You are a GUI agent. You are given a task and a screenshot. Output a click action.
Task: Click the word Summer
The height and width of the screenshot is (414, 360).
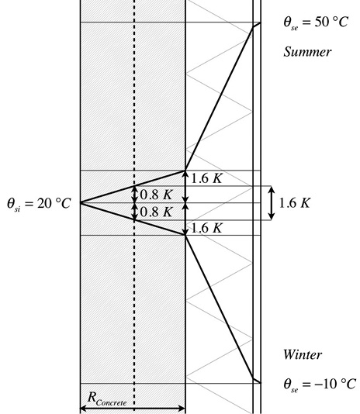click(307, 52)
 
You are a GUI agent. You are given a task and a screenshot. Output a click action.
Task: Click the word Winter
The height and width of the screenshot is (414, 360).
click(303, 354)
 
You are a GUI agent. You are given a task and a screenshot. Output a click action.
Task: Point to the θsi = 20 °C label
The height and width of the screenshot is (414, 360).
click(39, 204)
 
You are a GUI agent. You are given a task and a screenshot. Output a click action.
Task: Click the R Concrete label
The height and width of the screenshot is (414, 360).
click(107, 398)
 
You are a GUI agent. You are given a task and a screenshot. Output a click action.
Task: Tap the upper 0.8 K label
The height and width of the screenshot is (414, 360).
click(156, 195)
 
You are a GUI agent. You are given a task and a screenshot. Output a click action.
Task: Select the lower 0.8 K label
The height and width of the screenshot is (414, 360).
click(156, 212)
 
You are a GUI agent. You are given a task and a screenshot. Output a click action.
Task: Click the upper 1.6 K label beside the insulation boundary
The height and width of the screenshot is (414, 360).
click(206, 179)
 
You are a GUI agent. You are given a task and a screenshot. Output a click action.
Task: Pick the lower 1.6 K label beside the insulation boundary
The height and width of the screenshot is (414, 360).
click(206, 228)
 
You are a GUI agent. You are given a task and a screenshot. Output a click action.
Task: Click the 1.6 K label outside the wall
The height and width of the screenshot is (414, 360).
click(294, 203)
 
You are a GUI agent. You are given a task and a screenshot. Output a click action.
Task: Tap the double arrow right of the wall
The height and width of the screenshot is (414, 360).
click(272, 203)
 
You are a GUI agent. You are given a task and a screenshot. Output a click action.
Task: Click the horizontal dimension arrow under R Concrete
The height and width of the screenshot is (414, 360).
click(133, 409)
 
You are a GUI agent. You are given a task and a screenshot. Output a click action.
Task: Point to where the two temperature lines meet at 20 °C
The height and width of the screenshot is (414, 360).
click(81, 203)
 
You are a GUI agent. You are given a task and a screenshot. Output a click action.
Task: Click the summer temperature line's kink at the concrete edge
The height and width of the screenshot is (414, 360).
click(185, 171)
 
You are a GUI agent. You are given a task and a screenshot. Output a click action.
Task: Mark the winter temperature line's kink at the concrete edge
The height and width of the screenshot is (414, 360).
click(185, 235)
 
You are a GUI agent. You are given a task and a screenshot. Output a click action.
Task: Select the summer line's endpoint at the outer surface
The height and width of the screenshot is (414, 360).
click(261, 22)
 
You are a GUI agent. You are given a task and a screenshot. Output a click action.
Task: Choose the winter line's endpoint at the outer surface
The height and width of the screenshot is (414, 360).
click(261, 383)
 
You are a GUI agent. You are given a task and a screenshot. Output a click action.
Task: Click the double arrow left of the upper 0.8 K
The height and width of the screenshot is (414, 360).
click(135, 195)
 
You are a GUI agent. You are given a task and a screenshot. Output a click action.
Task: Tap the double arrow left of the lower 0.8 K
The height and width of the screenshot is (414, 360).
click(135, 212)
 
